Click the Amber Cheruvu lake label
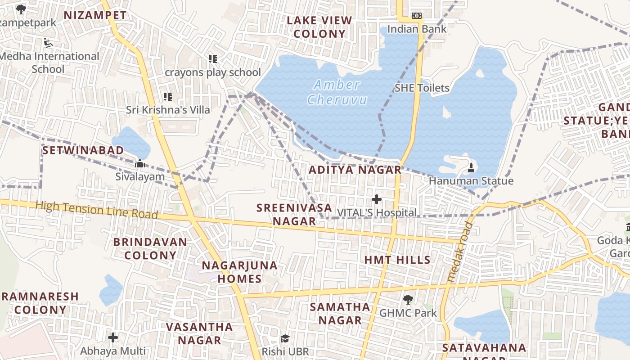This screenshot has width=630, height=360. click(x=337, y=92)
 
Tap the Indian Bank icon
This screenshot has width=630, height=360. click(x=417, y=16)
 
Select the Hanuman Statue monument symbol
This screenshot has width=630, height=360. click(x=471, y=168)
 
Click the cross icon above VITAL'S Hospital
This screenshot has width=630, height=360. click(x=377, y=199)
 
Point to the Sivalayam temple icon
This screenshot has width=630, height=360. click(x=140, y=163)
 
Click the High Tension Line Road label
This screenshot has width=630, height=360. click(x=97, y=210)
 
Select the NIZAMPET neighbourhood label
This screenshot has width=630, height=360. click(x=95, y=15)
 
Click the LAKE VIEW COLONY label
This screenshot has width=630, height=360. click(x=319, y=27)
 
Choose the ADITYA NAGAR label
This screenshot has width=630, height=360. click(x=355, y=170)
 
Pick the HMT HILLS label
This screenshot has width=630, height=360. click(x=397, y=260)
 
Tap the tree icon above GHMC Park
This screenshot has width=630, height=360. click(x=408, y=299)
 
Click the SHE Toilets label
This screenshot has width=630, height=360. click(x=422, y=88)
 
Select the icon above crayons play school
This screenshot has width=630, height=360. click(x=213, y=59)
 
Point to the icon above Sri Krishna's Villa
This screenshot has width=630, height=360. click(x=168, y=96)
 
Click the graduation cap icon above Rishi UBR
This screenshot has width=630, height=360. click(x=284, y=338)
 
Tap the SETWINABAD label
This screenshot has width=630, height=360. click(x=83, y=150)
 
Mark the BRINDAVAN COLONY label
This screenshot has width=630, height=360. click(x=150, y=248)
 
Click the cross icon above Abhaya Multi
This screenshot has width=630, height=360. click(x=113, y=337)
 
